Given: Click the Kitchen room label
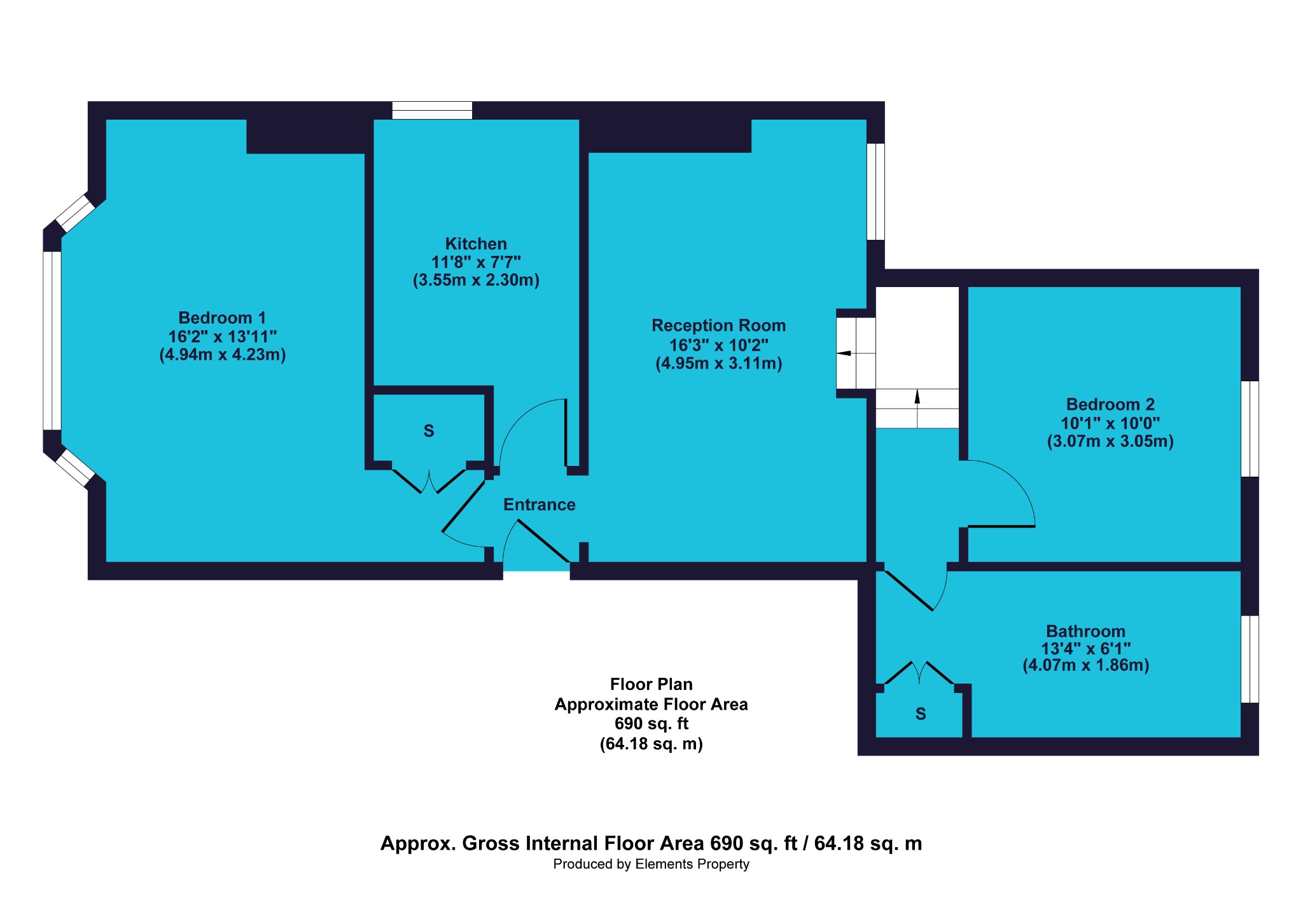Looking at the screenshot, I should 476,244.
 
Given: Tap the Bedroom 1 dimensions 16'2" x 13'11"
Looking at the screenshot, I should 222,336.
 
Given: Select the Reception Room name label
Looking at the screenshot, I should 718,326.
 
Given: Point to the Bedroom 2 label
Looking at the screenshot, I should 1110,405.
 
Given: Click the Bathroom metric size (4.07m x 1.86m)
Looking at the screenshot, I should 1085,666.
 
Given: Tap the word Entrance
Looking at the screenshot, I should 539,505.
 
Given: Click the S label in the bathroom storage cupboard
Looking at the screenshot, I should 921,714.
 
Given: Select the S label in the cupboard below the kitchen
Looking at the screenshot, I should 429,432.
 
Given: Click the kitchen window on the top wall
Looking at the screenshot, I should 432,111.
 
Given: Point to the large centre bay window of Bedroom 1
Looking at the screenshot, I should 52,341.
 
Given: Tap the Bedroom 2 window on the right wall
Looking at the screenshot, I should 1250,428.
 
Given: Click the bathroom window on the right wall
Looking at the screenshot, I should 1250,659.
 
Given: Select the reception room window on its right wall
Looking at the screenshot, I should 876,192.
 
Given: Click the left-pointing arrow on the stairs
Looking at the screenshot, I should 844,353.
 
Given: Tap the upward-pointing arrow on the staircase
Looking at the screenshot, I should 917,398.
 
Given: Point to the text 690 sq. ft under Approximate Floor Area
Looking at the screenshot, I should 651,724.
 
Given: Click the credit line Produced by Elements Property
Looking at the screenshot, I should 651,864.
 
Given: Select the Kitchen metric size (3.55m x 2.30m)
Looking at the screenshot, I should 476,280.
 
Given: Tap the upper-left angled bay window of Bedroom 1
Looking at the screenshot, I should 75,213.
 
